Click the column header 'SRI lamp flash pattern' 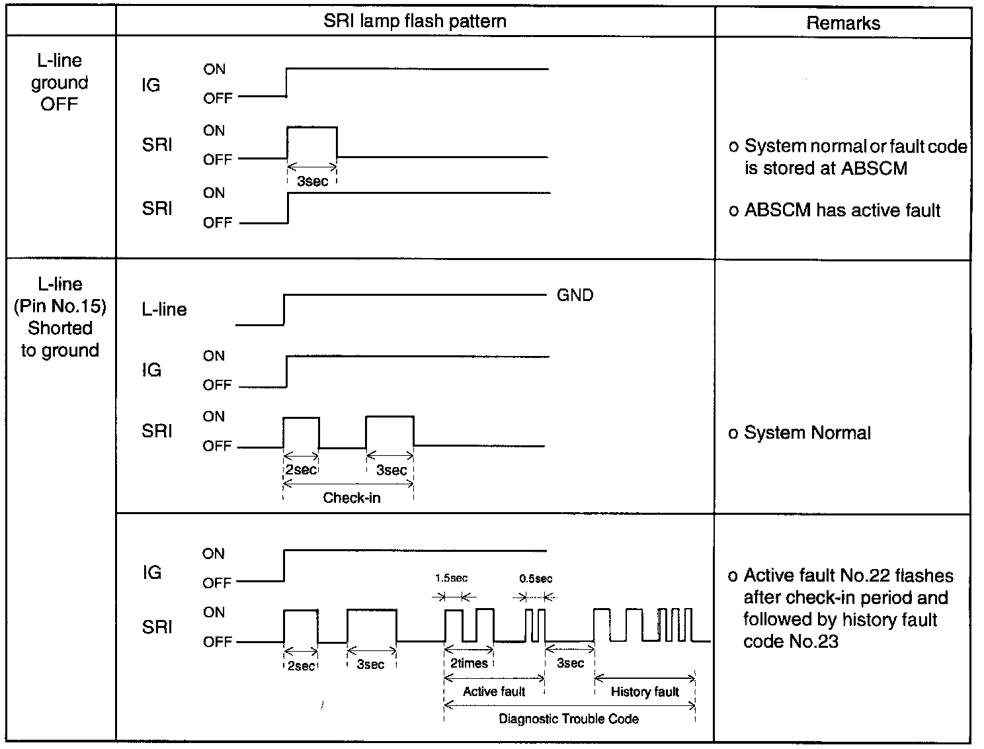coord(415,21)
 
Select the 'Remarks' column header coord(843,24)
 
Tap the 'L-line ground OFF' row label coord(60,83)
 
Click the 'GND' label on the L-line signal coord(575,295)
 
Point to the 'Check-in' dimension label coord(351,498)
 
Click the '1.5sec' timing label coord(451,578)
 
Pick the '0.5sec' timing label coord(536,578)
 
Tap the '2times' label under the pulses coord(469,663)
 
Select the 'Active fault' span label coord(494,691)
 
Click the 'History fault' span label coord(645,692)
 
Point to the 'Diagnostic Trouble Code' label coord(569,719)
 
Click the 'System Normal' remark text coord(807,433)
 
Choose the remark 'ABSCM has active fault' coord(842,210)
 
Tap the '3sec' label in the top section coord(312,181)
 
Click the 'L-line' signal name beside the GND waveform coord(164,310)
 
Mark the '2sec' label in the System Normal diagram coord(301,470)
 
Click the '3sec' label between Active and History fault coord(570,663)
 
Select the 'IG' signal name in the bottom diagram coord(151,572)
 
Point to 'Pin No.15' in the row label coord(60,306)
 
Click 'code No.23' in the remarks coord(790,641)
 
